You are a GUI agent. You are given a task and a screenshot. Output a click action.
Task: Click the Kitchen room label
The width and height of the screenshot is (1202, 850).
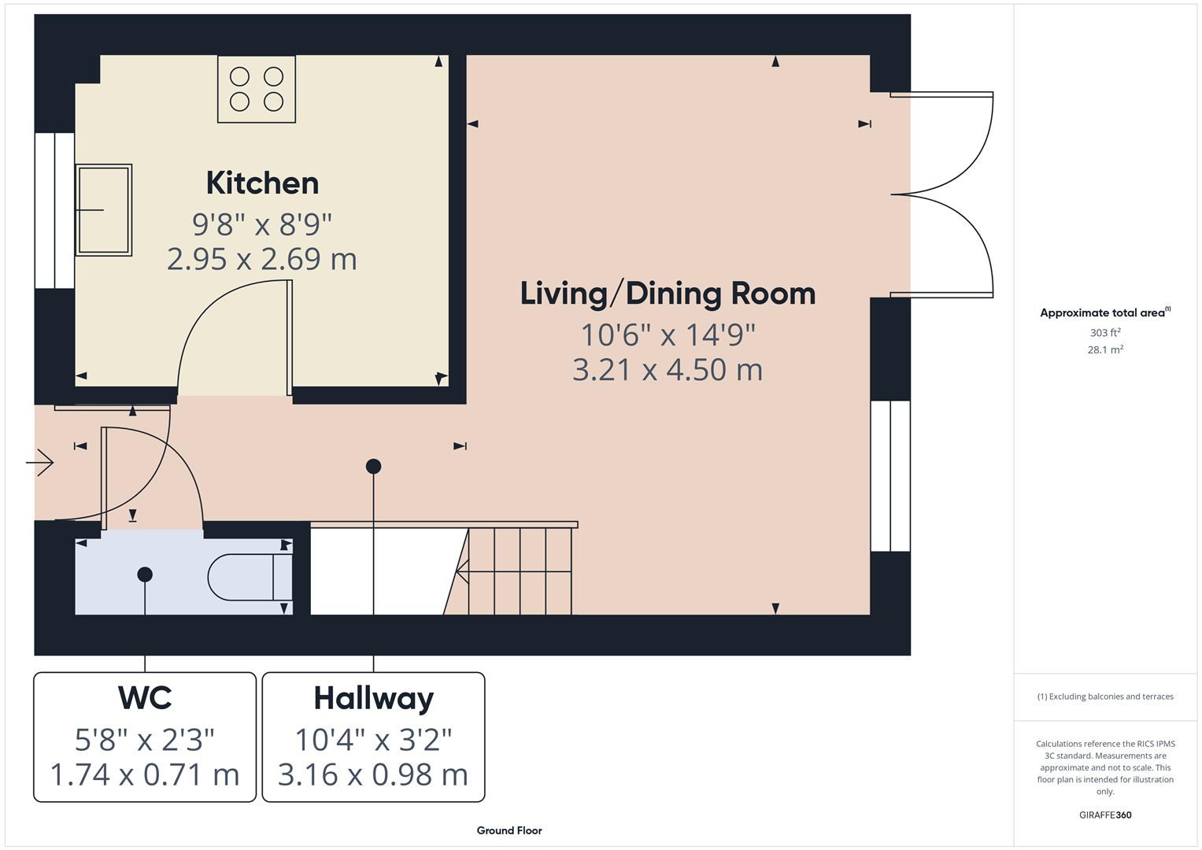tap(262, 183)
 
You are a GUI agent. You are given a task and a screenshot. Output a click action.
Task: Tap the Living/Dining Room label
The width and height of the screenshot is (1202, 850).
tap(668, 294)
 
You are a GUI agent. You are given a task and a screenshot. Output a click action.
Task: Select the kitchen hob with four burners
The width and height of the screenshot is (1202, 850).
tap(257, 89)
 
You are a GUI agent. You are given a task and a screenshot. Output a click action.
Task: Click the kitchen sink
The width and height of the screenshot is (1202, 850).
tap(103, 210)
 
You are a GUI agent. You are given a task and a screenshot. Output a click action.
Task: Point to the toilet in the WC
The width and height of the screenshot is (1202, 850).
tap(249, 578)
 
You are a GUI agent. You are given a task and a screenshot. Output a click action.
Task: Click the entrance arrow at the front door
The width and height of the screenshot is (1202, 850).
tap(40, 463)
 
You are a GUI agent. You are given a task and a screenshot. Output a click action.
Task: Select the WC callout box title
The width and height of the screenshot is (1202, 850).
tap(145, 698)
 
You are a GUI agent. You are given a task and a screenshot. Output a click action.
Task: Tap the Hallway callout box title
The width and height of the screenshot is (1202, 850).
tap(373, 699)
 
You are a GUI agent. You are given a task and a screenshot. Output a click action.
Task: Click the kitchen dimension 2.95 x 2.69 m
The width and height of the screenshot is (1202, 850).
tap(262, 259)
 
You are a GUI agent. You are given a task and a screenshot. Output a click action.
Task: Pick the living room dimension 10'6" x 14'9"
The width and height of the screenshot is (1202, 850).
tap(668, 335)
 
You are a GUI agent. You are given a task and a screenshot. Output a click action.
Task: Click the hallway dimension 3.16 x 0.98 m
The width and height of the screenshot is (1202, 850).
tap(373, 775)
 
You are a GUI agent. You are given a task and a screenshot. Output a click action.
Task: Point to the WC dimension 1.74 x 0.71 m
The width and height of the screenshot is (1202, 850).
tap(145, 775)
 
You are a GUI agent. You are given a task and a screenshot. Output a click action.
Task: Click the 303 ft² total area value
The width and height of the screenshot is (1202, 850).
tap(1105, 333)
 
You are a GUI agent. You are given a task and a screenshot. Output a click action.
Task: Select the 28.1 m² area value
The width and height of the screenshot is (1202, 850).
tap(1105, 350)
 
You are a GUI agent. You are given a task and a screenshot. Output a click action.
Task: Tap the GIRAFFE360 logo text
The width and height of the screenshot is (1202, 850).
tap(1105, 815)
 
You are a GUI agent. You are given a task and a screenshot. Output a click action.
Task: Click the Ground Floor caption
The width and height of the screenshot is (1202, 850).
tap(509, 830)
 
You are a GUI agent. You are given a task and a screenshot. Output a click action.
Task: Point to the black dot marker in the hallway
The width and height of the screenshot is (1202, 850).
tap(374, 467)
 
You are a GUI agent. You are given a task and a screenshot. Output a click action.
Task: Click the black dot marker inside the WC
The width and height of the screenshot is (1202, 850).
tap(145, 575)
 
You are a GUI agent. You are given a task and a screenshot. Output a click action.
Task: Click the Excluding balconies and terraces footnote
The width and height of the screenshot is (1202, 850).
tap(1105, 697)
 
